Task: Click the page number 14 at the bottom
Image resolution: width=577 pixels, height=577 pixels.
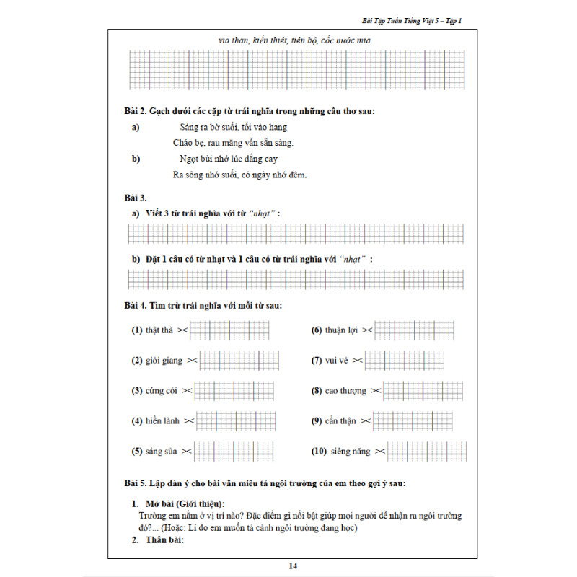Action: [x=293, y=566]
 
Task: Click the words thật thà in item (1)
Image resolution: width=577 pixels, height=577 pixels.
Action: [x=159, y=330]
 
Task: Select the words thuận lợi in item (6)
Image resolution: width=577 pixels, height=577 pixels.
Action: [x=341, y=330]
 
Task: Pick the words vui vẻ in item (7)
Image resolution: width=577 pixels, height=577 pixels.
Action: [x=342, y=360]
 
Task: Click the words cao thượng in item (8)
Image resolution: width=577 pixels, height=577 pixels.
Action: [x=345, y=390]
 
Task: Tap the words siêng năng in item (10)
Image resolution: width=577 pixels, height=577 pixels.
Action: [x=351, y=451]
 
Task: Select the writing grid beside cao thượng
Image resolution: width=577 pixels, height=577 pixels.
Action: [x=423, y=390]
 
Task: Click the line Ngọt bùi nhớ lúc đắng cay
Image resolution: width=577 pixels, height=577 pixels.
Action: [x=229, y=159]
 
